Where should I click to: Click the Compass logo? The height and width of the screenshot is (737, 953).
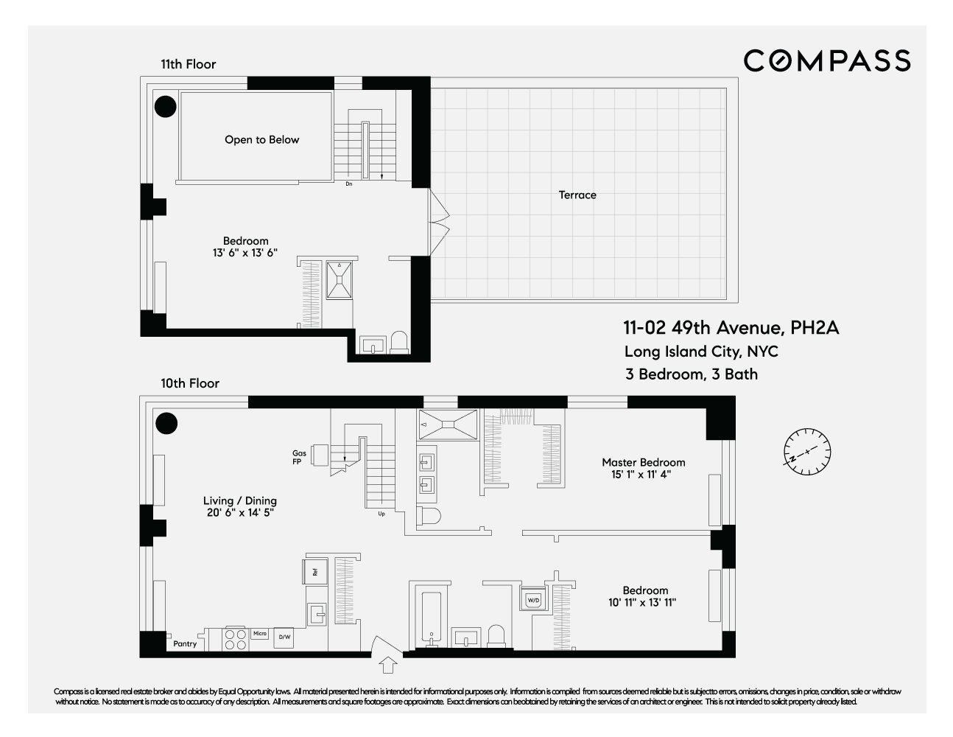tap(826, 60)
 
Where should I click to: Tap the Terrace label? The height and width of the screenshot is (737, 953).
tap(577, 195)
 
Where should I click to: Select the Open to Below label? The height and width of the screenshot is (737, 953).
tap(262, 140)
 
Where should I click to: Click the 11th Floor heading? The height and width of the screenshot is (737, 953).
tap(189, 65)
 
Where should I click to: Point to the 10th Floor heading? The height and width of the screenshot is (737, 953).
tap(190, 383)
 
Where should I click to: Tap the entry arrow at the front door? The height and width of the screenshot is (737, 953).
tap(387, 666)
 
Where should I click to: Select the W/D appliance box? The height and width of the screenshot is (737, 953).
tap(532, 601)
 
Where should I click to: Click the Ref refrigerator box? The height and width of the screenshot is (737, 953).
tap(314, 571)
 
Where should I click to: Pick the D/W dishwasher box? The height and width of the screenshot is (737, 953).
tap(283, 638)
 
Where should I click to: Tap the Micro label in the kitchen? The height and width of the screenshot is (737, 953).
tap(259, 633)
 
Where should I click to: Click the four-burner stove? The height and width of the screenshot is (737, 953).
tap(235, 638)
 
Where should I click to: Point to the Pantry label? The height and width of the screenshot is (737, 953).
tap(185, 644)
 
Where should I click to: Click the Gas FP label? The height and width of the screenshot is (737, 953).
tap(299, 458)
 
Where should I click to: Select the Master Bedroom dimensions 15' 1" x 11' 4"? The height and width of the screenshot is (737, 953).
tap(643, 475)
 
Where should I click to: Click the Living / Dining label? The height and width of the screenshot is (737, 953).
tap(240, 501)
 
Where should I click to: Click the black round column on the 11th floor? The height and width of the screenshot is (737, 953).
tap(166, 106)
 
